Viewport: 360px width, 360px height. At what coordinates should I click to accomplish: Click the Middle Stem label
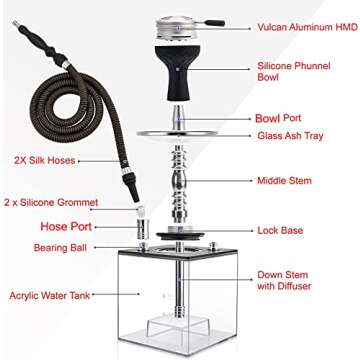[283, 180]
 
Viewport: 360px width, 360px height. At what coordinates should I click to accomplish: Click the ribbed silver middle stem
[180, 180]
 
